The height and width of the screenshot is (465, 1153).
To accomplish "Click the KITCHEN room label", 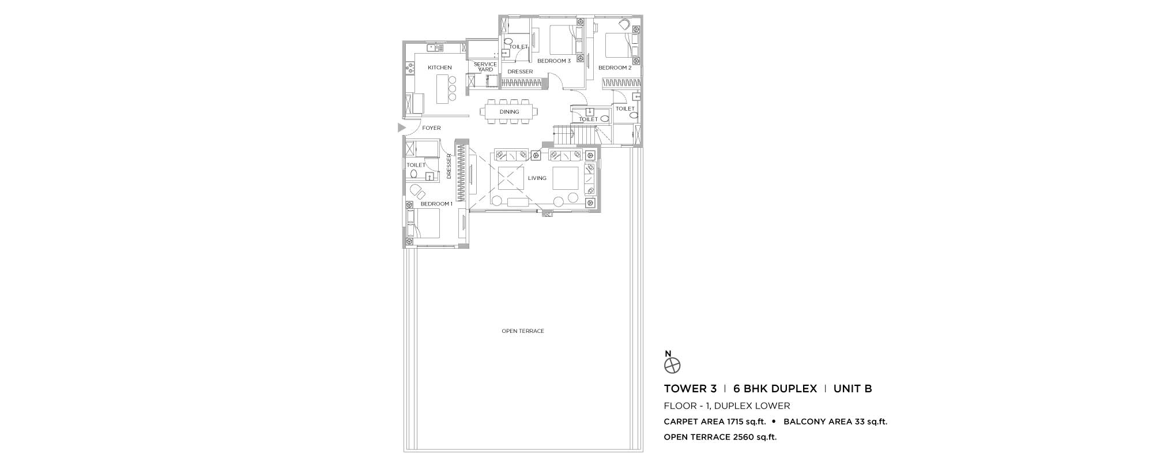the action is click(x=440, y=67).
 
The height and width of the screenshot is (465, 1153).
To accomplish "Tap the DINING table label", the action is click(x=510, y=112).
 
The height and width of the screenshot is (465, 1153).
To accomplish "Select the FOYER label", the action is click(x=431, y=128).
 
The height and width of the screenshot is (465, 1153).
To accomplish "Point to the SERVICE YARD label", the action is click(x=485, y=67).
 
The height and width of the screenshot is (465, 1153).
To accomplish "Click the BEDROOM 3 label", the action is click(x=554, y=61).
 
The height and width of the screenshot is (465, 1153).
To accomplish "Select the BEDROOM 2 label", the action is click(x=615, y=67).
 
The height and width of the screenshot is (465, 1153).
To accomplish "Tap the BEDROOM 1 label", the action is click(x=436, y=204).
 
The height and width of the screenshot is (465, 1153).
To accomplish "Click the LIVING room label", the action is click(x=537, y=178).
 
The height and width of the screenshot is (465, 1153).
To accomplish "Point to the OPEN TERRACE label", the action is click(x=523, y=331).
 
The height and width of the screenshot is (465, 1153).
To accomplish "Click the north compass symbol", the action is click(x=673, y=365).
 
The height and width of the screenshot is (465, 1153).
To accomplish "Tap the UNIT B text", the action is click(x=853, y=389).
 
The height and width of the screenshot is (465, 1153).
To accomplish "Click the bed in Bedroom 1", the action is click(x=424, y=223).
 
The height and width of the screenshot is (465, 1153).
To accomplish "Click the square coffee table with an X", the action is click(x=508, y=178).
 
